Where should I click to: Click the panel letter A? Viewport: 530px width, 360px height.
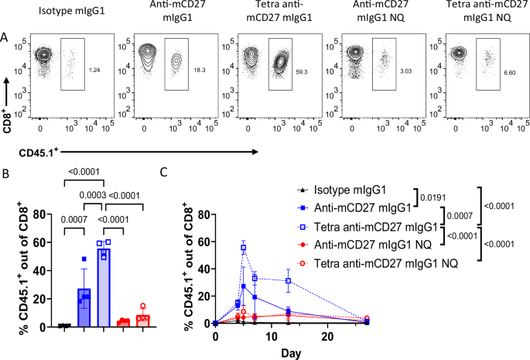coord(6,36)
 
